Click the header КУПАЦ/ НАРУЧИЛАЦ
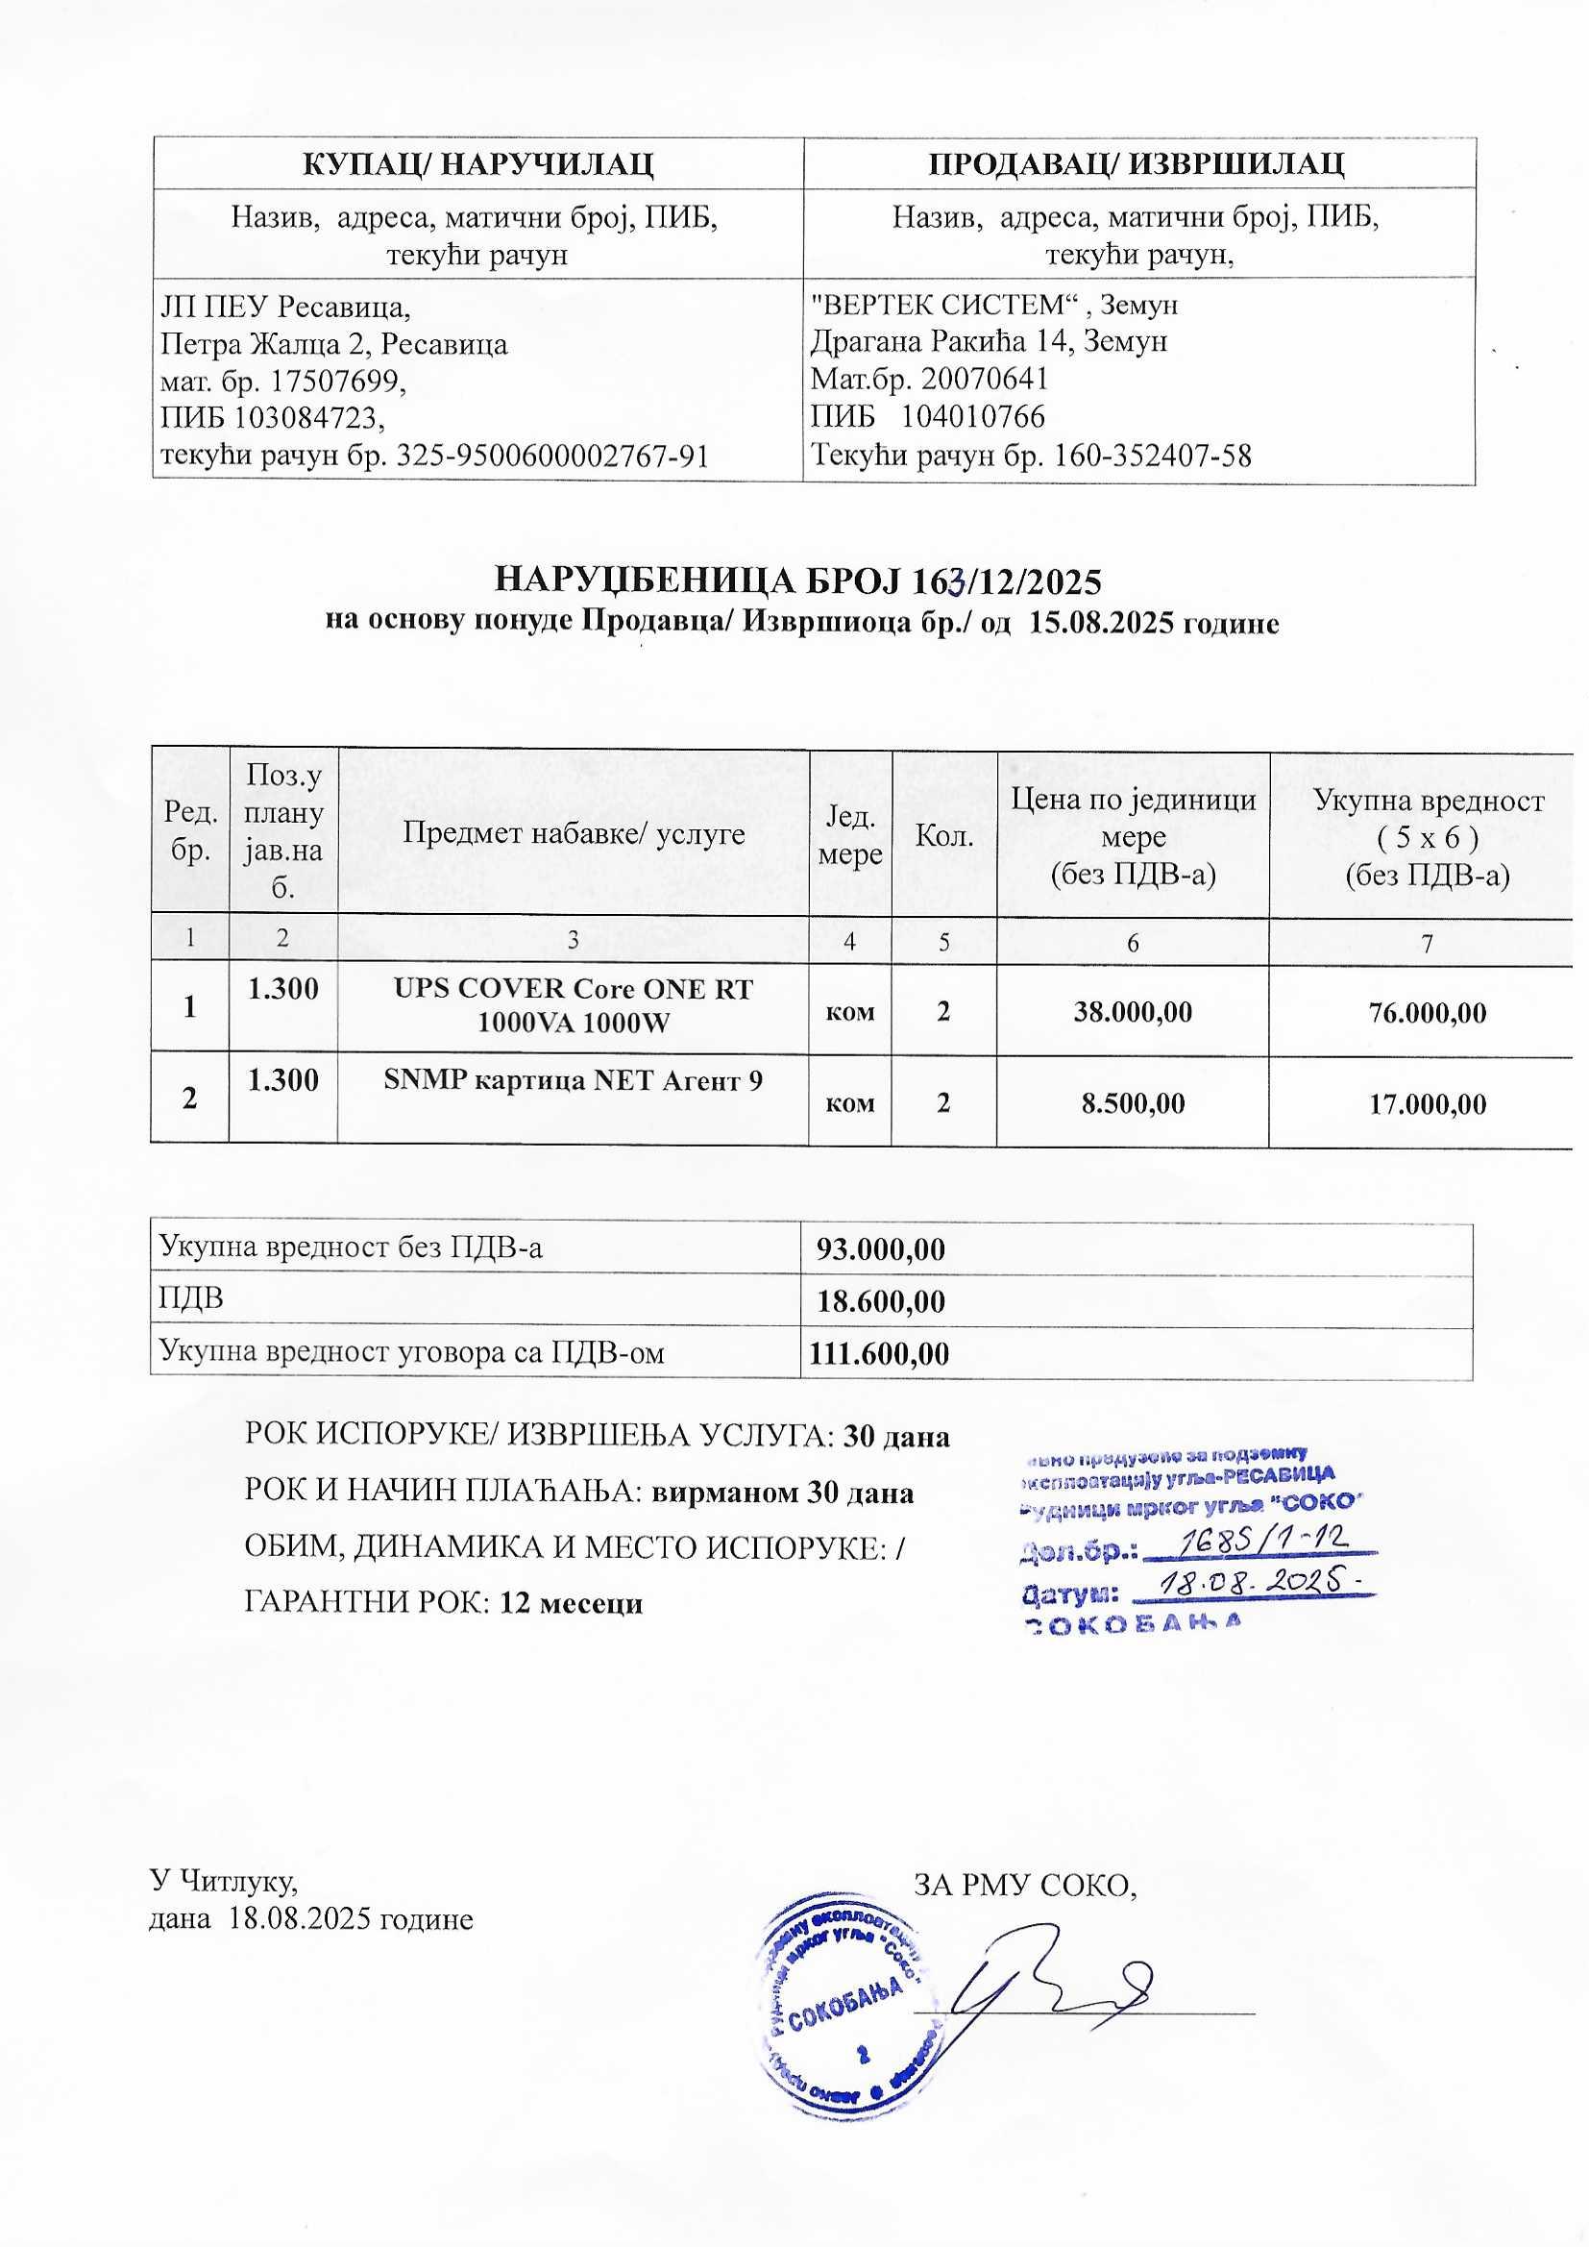[477, 163]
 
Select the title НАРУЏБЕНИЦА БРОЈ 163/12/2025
[798, 581]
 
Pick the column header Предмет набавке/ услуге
[574, 834]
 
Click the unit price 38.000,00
[1133, 1012]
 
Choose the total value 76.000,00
[1428, 1012]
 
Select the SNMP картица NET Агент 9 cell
[574, 1080]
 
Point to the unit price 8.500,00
[1133, 1104]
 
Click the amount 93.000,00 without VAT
[881, 1249]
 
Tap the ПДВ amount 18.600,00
[881, 1301]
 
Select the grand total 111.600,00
[879, 1353]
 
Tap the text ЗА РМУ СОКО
[1024, 1883]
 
